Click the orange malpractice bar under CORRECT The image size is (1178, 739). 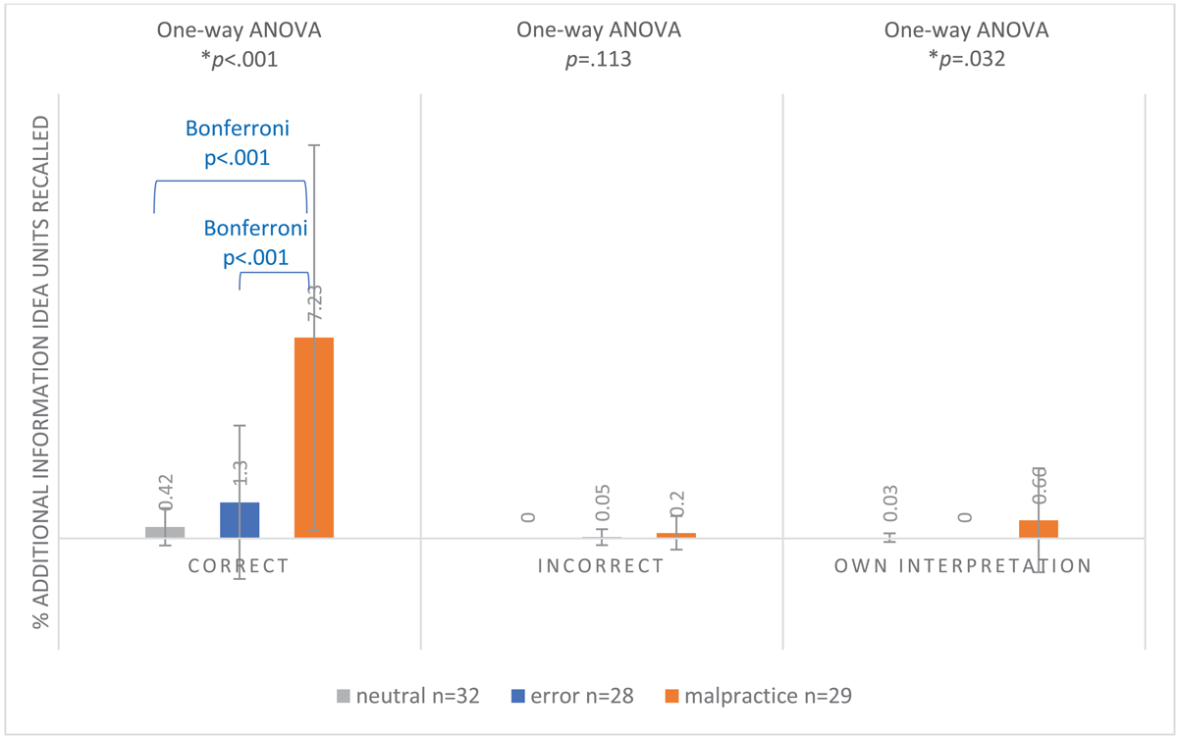[x=314, y=438]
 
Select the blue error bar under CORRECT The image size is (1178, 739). [x=240, y=520]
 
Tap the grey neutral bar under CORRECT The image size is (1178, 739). [x=165, y=532]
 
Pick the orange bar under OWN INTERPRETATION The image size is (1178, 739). [x=1039, y=529]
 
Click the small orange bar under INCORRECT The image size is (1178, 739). [x=676, y=535]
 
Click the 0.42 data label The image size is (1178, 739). [x=166, y=492]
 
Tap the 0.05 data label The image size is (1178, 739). [x=603, y=502]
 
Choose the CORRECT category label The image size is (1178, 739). [x=240, y=566]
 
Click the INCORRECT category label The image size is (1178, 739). [x=602, y=566]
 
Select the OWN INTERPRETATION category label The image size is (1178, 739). [x=963, y=566]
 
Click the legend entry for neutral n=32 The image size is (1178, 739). [x=406, y=697]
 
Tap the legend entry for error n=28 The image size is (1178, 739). [x=571, y=697]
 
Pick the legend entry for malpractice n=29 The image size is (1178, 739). [x=757, y=697]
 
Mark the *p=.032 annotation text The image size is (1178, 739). [x=966, y=59]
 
